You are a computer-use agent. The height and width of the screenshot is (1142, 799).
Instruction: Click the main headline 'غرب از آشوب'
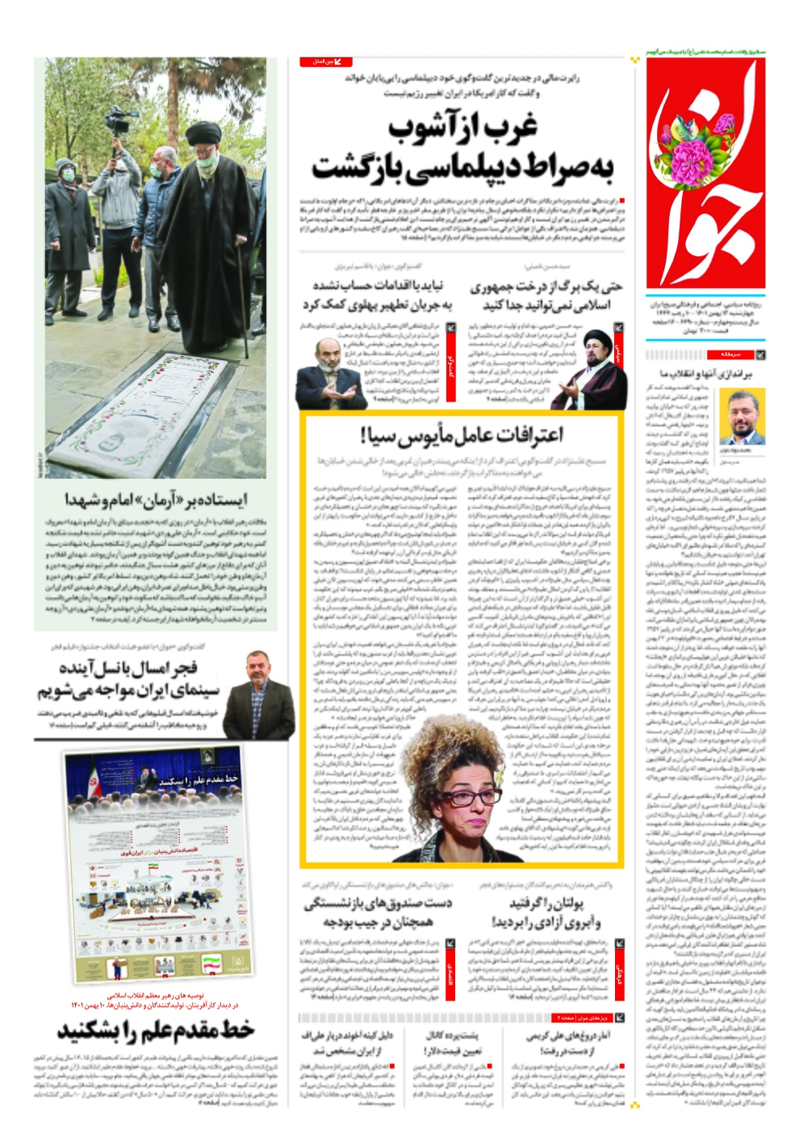click(x=462, y=128)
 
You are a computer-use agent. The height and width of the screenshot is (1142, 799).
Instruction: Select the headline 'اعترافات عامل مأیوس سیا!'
click(x=462, y=435)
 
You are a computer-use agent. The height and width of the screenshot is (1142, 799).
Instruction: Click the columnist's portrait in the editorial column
click(x=742, y=418)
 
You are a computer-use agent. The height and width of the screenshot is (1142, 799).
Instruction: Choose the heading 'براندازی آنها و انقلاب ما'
click(x=705, y=374)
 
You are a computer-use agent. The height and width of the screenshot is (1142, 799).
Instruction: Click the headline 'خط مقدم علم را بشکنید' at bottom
click(x=155, y=1031)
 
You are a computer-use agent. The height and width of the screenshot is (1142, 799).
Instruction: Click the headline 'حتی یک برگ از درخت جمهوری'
click(x=546, y=286)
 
